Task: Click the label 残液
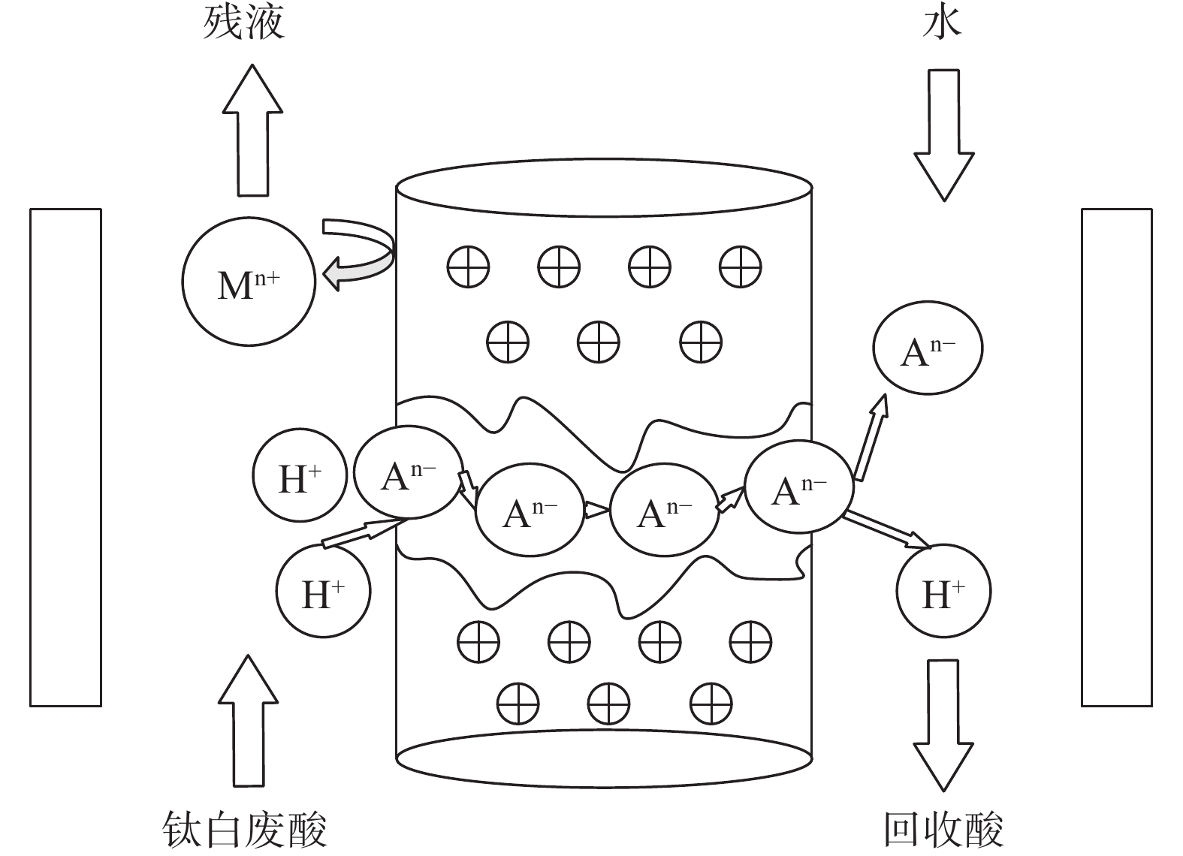pos(243,23)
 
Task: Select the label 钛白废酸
pos(244,829)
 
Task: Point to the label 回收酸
pos(943,829)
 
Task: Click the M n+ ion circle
pos(249,282)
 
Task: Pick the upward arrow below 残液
pos(252,131)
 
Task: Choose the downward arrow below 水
pos(944,135)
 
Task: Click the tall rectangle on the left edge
pos(65,457)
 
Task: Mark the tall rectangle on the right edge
pos(1116,457)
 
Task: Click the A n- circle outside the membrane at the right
pos(928,348)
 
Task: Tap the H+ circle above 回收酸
pos(943,592)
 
